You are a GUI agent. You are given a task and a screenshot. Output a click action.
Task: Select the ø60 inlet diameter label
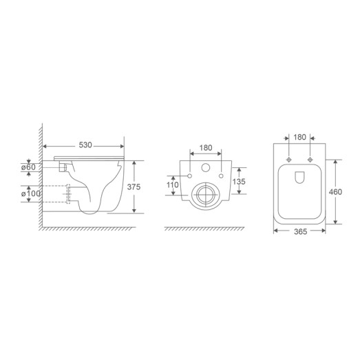click(29, 166)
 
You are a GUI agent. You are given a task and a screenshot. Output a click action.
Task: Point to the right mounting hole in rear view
click(222, 177)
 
